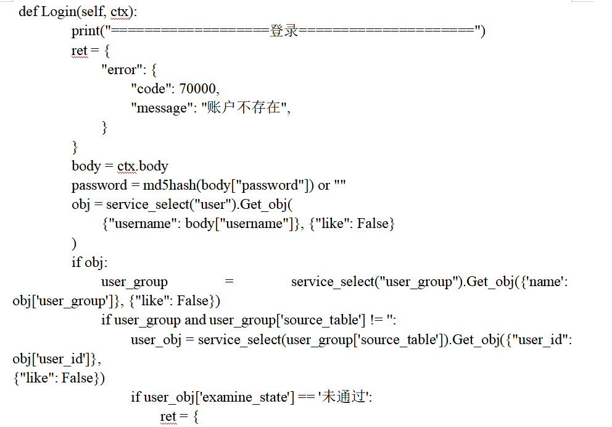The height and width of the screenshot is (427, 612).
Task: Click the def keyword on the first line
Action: pos(28,12)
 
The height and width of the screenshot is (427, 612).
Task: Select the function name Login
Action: pos(56,12)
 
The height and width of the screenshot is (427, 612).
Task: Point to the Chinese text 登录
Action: pos(284,31)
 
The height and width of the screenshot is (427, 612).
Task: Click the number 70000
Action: pos(199,89)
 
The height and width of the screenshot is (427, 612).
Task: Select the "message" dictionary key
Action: pos(158,108)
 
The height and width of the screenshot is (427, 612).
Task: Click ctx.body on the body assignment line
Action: pos(142,166)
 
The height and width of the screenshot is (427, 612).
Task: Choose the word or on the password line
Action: pos(324,185)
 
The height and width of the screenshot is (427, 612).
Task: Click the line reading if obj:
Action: pos(89,263)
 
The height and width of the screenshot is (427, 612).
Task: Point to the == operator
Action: pos(305,397)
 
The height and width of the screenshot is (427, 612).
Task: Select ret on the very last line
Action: pos(168,416)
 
